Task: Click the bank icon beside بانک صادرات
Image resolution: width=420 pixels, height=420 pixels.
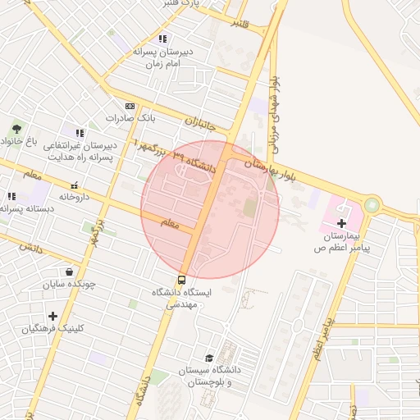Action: (x=130, y=107)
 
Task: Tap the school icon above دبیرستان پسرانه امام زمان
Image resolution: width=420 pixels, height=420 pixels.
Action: (x=162, y=38)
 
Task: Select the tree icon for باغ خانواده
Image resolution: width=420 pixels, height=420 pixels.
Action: (x=16, y=129)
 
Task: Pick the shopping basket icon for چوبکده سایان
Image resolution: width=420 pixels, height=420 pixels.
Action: (x=68, y=272)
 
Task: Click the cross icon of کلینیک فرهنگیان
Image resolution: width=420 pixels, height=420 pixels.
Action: (x=52, y=316)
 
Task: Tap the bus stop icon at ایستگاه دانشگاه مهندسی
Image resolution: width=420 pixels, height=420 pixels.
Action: (x=181, y=280)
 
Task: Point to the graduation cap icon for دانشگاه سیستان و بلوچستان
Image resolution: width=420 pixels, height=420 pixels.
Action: (x=209, y=358)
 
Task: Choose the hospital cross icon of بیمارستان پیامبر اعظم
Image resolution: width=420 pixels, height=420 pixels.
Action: (x=341, y=222)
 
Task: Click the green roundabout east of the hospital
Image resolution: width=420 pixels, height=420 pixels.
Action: (x=372, y=203)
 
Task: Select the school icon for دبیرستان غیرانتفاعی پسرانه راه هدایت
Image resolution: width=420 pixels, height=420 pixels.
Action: (x=80, y=133)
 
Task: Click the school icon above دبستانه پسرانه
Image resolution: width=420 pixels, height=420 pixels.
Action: (x=11, y=196)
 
